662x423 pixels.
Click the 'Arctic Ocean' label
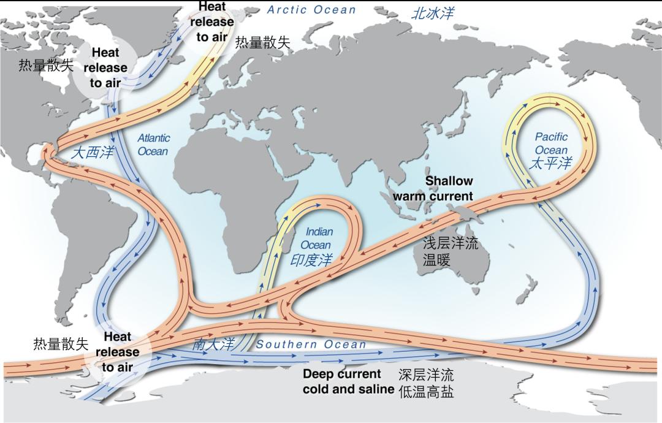[311, 10]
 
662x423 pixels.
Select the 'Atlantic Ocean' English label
[153, 145]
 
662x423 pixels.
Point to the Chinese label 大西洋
[92, 153]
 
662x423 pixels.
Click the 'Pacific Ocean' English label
[551, 143]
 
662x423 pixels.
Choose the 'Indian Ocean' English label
[318, 238]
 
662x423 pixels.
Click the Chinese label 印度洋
[311, 260]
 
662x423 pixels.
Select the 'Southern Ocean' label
[311, 345]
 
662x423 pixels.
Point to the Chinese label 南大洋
[213, 345]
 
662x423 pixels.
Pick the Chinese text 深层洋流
[426, 375]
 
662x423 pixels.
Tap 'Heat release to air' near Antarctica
[117, 352]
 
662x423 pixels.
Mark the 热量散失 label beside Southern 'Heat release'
[61, 344]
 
